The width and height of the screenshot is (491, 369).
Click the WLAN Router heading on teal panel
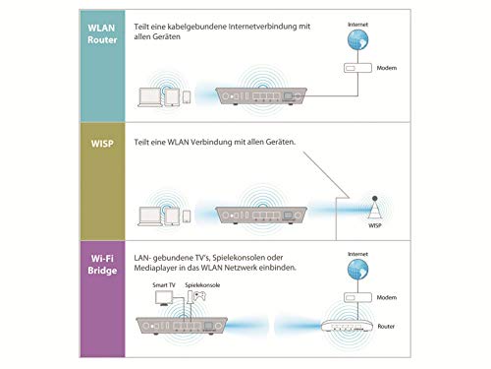pyautogui.click(x=102, y=33)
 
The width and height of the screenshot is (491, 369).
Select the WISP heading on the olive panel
pyautogui.click(x=102, y=144)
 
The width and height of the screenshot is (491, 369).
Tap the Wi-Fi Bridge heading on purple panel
pyautogui.click(x=102, y=265)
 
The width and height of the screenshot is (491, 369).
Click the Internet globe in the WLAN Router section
pyautogui.click(x=357, y=39)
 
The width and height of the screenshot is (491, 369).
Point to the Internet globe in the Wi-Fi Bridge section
pyautogui.click(x=357, y=270)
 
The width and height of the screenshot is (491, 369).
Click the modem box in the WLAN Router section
pyautogui.click(x=357, y=68)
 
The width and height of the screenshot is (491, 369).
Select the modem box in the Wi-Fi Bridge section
pyautogui.click(x=357, y=297)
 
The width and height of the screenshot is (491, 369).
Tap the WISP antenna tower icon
pyautogui.click(x=375, y=209)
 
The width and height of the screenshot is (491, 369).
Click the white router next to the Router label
pyautogui.click(x=347, y=327)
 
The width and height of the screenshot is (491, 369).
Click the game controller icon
pyautogui.click(x=199, y=296)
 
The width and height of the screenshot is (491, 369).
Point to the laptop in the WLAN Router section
pyautogui.click(x=150, y=97)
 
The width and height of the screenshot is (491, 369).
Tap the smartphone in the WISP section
pyautogui.click(x=187, y=216)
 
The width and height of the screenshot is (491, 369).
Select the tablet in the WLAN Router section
pyautogui.click(x=172, y=97)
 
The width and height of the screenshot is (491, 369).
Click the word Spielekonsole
pyautogui.click(x=202, y=285)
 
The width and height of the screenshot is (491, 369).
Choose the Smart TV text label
pyautogui.click(x=164, y=285)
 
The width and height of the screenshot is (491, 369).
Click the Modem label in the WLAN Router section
pyautogui.click(x=387, y=68)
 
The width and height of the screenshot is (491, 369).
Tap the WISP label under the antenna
pyautogui.click(x=375, y=225)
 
